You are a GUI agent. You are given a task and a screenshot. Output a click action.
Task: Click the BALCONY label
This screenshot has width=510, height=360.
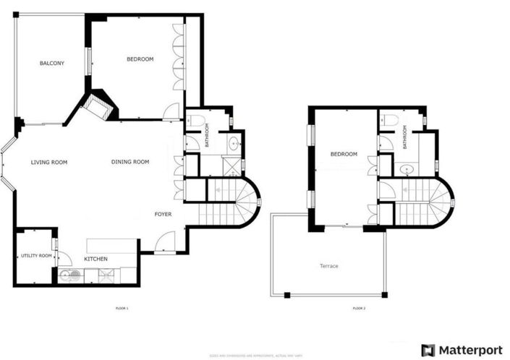51,64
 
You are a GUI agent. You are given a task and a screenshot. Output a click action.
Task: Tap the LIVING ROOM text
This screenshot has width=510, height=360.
49,162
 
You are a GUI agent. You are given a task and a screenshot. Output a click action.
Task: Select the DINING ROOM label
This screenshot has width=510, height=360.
130,162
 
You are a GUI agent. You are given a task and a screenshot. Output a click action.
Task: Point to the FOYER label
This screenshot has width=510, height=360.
163,214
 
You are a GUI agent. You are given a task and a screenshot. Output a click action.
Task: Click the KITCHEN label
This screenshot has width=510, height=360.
96,259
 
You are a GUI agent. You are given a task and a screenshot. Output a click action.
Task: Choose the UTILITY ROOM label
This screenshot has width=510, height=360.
36,256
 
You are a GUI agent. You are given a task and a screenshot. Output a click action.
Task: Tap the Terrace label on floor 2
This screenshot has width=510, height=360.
329,266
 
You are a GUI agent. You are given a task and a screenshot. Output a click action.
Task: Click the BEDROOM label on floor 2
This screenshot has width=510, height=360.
344,154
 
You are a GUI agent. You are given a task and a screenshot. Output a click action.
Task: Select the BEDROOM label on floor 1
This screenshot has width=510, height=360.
140,59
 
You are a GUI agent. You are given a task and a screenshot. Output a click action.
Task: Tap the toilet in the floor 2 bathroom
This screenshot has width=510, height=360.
388,119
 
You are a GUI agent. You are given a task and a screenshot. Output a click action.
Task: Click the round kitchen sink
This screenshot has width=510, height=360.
70,275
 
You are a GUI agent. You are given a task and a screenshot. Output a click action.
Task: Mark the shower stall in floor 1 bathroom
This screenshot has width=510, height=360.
231,168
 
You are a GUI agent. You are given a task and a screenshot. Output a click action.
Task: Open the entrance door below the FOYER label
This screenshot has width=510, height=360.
164,242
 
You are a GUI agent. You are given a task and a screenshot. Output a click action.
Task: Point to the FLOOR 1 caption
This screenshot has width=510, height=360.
122,309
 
